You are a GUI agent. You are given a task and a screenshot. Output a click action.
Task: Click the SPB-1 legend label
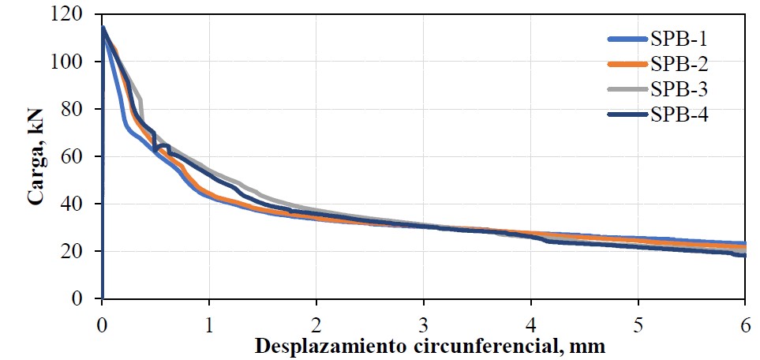point(679,39)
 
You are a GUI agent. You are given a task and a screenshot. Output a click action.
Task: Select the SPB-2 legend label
point(679,64)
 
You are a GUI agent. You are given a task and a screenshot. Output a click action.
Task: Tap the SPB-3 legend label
point(679,89)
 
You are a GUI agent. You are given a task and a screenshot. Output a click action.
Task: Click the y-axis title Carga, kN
point(36,158)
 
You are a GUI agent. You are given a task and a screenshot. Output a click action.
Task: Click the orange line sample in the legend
point(627,64)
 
